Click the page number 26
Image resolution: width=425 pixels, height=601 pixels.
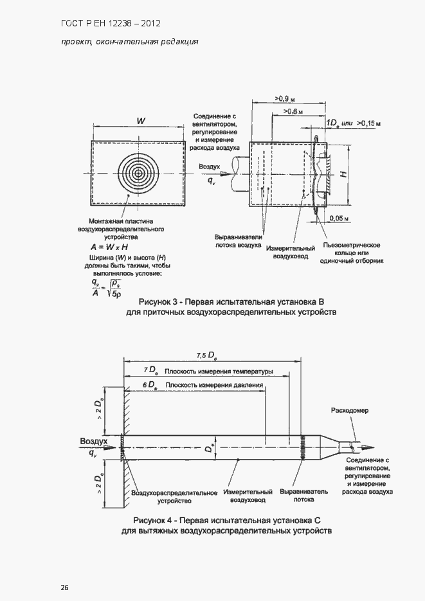point(64,588)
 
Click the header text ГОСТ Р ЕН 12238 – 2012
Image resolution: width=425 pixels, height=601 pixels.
point(111,24)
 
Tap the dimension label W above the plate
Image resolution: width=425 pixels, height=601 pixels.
point(140,121)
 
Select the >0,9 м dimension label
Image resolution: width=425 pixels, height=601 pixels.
point(284,98)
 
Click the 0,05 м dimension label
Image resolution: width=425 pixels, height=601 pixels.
point(338,219)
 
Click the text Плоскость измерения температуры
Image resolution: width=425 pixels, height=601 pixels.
point(219,372)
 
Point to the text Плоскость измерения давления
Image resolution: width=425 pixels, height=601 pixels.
point(213,385)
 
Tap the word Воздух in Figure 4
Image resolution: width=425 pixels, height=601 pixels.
point(93,441)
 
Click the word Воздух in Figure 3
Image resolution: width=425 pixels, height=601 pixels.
point(210,166)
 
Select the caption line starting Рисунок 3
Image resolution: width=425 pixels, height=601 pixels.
point(231,301)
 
